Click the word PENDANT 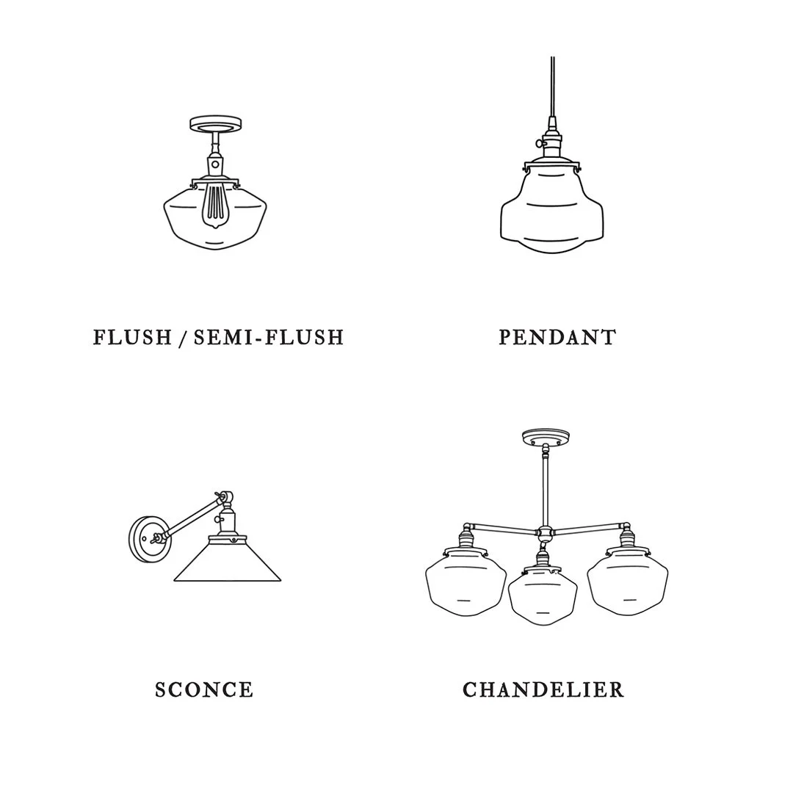tap(557, 337)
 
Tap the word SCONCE tap(204, 689)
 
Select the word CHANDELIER tap(543, 689)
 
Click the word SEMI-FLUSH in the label tap(269, 337)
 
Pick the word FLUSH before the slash tap(132, 337)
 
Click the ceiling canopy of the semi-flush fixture tap(215, 124)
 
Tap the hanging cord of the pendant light tap(552, 86)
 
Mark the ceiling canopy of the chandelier tap(546, 437)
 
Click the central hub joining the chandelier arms tap(545, 532)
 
